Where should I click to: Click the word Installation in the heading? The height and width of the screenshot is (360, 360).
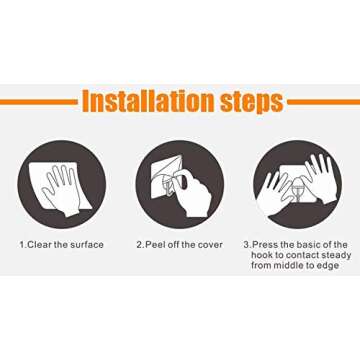tap(148, 100)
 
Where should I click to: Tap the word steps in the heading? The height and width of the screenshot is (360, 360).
tap(252, 102)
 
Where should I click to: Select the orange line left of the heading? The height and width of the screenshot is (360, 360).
tap(39, 102)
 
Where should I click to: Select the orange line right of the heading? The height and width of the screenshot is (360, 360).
tap(324, 102)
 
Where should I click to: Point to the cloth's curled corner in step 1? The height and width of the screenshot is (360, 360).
tap(86, 203)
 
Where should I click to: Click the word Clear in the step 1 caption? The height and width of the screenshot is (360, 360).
tap(39, 245)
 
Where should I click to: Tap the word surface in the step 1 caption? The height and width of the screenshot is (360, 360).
tap(87, 245)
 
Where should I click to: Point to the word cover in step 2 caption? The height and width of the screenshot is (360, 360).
tap(210, 245)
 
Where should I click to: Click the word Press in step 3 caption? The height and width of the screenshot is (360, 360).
tap(262, 245)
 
